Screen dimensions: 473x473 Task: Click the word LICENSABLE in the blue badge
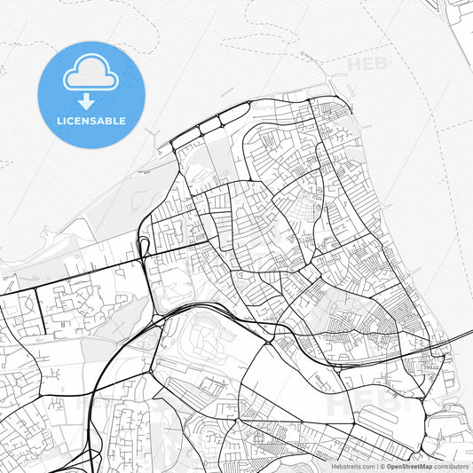pos(91,121)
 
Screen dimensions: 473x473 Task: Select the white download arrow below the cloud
pos(91,99)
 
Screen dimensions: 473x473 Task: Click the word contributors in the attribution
pos(452,466)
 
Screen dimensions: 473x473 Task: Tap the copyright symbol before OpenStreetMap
pos(382,466)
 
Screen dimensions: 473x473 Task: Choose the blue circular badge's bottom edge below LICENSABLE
pos(91,146)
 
